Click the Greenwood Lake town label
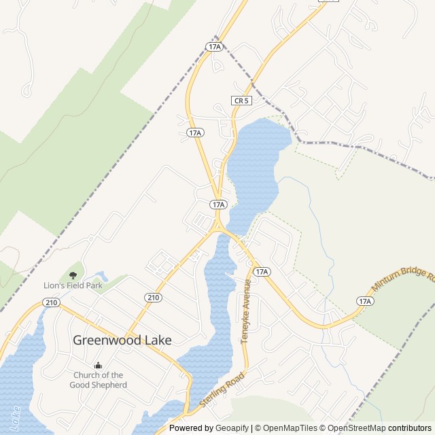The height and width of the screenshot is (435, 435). click(122, 340)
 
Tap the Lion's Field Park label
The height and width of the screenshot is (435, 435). click(74, 286)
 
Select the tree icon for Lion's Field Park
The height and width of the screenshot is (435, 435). click(73, 275)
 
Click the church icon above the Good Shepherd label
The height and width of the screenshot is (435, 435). click(98, 365)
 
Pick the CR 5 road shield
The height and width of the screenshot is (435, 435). click(241, 101)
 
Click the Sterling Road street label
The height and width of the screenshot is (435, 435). click(222, 390)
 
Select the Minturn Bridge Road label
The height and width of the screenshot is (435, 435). click(402, 279)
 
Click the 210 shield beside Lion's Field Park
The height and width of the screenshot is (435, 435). click(51, 302)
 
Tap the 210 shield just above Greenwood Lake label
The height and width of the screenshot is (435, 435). click(152, 297)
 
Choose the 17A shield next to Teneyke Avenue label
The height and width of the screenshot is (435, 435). click(262, 272)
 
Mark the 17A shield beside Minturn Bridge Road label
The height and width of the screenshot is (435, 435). click(365, 301)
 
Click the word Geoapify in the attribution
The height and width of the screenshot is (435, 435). click(232, 428)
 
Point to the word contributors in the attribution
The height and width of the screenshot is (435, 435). click(410, 428)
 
